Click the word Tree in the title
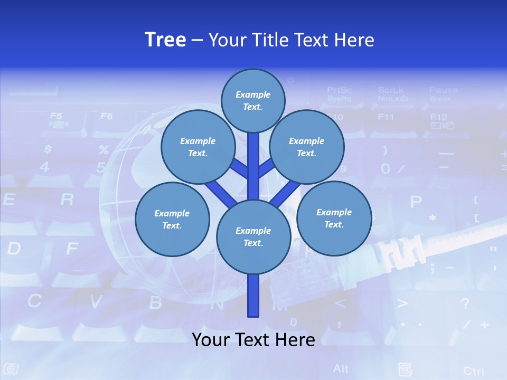[x=165, y=40]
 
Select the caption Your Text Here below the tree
[x=253, y=339]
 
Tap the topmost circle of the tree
[x=253, y=100]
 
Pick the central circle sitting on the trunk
[x=253, y=237]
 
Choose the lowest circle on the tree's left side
[x=172, y=220]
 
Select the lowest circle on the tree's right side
[x=334, y=218]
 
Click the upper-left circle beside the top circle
[x=198, y=147]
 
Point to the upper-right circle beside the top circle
[x=307, y=147]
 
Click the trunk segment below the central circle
[x=253, y=296]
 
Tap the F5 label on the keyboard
[x=56, y=116]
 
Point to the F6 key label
[x=107, y=116]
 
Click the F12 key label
[x=439, y=117]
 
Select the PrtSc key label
[x=339, y=90]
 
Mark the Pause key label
[x=443, y=90]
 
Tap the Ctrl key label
[x=473, y=370]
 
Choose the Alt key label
[x=341, y=368]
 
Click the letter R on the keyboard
[x=67, y=199]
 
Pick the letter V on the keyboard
[x=96, y=302]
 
